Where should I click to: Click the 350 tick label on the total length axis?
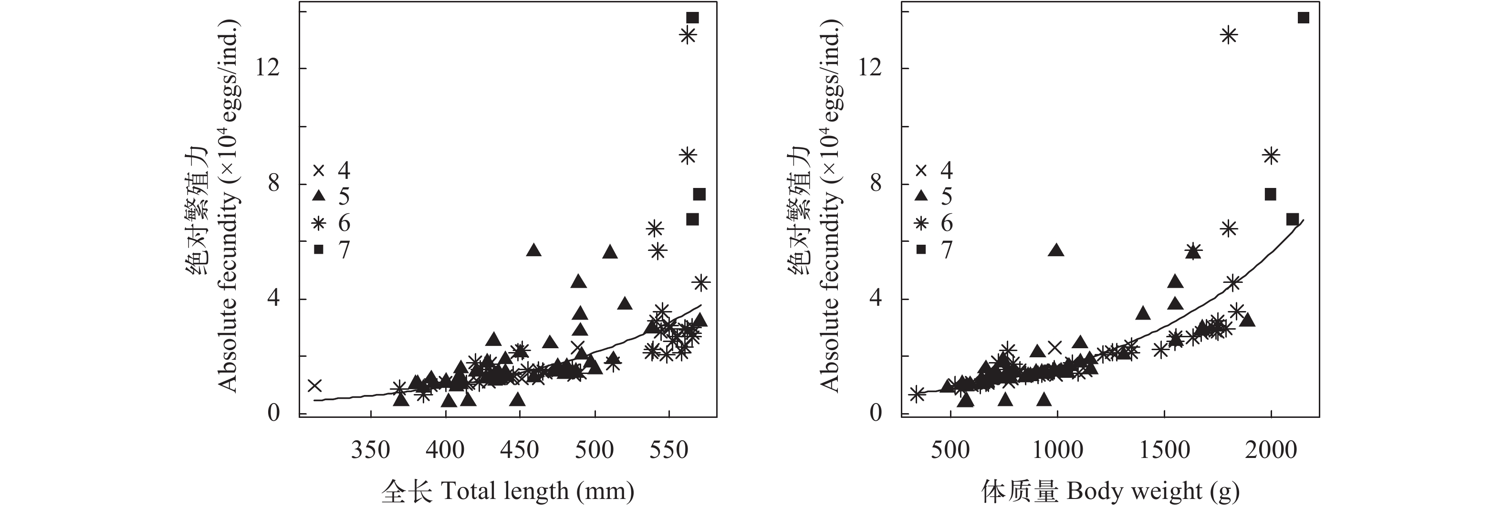tap(370, 450)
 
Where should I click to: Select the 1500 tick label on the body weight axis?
tap(1164, 450)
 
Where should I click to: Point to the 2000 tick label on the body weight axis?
tap(1271, 450)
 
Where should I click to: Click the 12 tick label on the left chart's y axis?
tap(268, 69)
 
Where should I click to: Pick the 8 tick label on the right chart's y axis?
tap(875, 184)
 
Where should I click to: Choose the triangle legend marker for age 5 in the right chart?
tap(921, 196)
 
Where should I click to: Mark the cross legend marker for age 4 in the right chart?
tap(921, 170)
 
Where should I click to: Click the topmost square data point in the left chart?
tap(692, 18)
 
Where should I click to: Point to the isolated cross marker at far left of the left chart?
tap(315, 385)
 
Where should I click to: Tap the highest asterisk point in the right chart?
tap(1229, 36)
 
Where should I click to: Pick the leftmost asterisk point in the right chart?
tap(917, 394)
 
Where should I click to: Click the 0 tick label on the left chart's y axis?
tap(274, 413)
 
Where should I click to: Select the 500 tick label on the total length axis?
tap(595, 450)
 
